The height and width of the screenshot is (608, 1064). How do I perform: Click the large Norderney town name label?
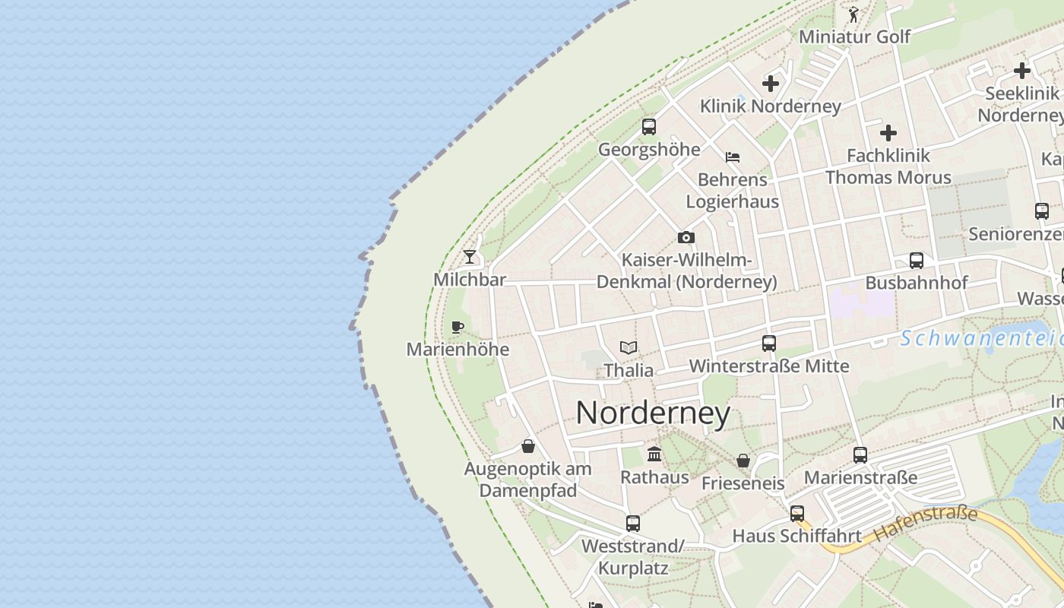pyautogui.click(x=653, y=413)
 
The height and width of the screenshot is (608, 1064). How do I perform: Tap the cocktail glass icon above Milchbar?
pyautogui.click(x=470, y=256)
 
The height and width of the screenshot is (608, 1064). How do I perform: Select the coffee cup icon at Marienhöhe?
pyautogui.click(x=457, y=327)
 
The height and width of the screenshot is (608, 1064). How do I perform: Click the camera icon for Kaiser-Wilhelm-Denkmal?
pyautogui.click(x=686, y=237)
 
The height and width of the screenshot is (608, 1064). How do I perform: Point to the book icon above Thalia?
pyautogui.click(x=629, y=347)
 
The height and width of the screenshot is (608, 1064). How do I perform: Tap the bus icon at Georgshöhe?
pyautogui.click(x=648, y=126)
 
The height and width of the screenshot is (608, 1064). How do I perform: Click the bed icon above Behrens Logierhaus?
pyautogui.click(x=733, y=157)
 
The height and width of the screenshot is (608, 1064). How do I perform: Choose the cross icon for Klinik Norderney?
pyautogui.click(x=771, y=83)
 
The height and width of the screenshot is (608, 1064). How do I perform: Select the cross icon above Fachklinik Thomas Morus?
pyautogui.click(x=888, y=133)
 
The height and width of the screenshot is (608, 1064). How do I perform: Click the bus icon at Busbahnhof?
pyautogui.click(x=917, y=260)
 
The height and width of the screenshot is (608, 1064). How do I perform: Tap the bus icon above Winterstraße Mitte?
pyautogui.click(x=769, y=343)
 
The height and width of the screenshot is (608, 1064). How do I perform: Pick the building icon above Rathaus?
pyautogui.click(x=654, y=454)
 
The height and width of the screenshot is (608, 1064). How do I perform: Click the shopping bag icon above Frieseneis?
pyautogui.click(x=743, y=461)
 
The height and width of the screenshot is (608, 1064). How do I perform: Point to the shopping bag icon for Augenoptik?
pyautogui.click(x=528, y=445)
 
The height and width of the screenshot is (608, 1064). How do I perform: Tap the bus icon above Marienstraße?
pyautogui.click(x=860, y=454)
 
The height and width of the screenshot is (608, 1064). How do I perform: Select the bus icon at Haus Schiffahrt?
pyautogui.click(x=796, y=513)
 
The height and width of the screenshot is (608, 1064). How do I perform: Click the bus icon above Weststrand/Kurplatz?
pyautogui.click(x=632, y=523)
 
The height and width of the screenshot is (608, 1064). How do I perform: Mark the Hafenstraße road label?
pyautogui.click(x=926, y=525)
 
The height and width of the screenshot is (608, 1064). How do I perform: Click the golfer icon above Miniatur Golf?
pyautogui.click(x=853, y=14)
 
